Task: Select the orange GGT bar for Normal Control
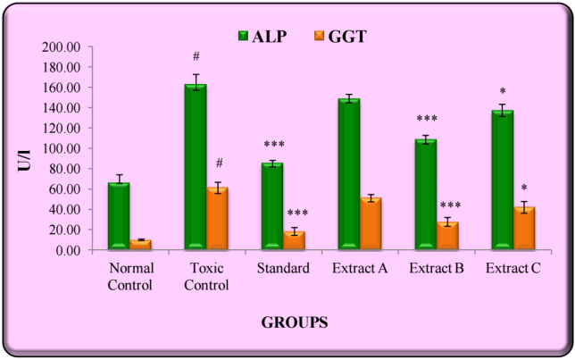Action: (141, 245)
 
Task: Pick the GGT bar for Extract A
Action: (369, 223)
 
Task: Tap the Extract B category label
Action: (436, 269)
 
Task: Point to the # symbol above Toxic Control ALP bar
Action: (195, 57)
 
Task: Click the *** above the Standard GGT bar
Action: (297, 213)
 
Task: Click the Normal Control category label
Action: (131, 276)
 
